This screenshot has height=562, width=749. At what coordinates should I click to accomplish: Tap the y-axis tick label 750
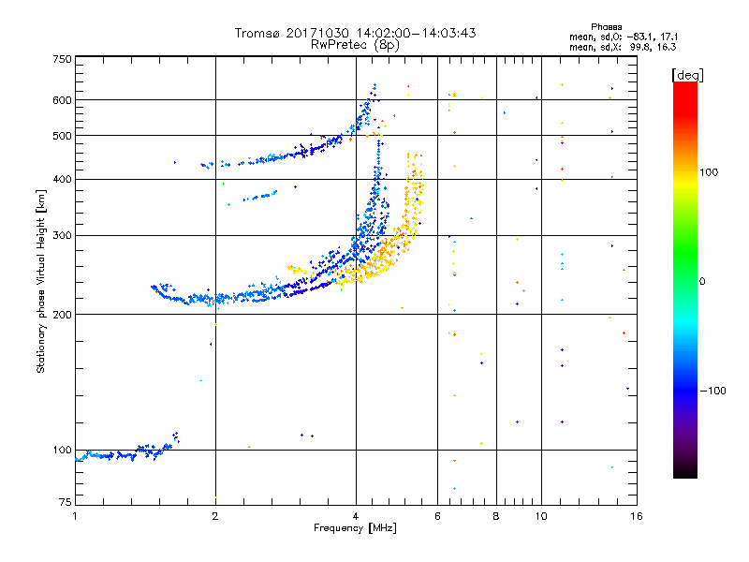62,58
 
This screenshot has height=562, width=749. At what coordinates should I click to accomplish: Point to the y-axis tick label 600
62,99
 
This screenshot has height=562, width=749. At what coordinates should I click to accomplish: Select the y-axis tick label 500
62,135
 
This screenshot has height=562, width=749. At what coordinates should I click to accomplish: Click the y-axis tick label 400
62,179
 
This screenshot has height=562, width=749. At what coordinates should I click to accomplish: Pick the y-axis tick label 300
62,235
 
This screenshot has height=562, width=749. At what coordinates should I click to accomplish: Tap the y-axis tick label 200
62,314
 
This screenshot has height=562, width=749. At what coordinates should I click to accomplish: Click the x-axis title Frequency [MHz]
355,529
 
